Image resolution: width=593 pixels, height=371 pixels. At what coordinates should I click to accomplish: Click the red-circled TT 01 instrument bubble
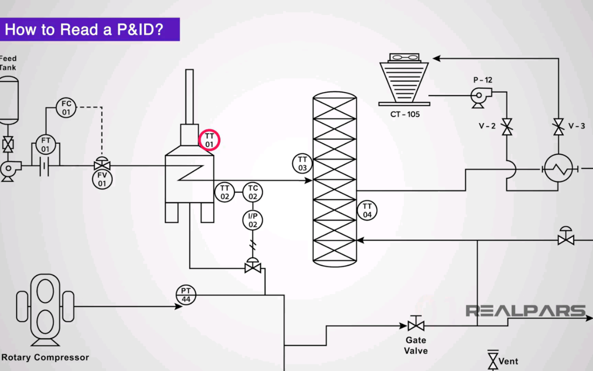(x=209, y=140)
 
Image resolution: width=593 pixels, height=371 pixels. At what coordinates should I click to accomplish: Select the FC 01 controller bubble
(x=66, y=108)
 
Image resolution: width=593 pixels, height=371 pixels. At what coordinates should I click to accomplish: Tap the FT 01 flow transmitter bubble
(x=46, y=145)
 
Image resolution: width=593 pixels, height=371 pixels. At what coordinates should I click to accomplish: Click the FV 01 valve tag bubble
(x=102, y=179)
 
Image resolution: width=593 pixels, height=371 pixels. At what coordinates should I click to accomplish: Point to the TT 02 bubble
(x=224, y=192)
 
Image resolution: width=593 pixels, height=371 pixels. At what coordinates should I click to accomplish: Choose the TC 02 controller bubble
(x=253, y=192)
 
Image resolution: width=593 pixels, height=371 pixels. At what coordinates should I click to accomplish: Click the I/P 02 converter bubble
(x=253, y=220)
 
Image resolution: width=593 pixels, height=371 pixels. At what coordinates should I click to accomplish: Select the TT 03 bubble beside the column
(x=302, y=164)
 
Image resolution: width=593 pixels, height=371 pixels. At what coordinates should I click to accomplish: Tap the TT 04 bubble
(x=367, y=210)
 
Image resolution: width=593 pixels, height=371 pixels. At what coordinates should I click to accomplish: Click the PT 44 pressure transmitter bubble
(x=186, y=295)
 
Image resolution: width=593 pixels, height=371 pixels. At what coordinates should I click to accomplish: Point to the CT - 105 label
(x=405, y=114)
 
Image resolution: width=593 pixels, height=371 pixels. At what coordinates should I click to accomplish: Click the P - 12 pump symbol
(x=480, y=96)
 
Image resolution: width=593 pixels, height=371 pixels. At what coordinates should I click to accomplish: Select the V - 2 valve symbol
(x=507, y=127)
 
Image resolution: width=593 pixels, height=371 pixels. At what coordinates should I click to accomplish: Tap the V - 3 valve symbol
(x=558, y=127)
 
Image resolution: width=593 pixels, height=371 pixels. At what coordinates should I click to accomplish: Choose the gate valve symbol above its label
(x=416, y=325)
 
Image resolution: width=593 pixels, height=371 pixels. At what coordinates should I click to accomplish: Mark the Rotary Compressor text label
(x=45, y=358)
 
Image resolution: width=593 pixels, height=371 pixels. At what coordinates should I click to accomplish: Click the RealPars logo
(x=525, y=311)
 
